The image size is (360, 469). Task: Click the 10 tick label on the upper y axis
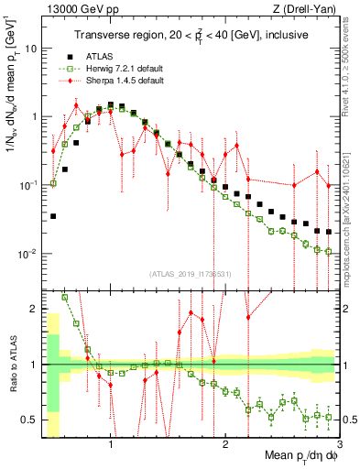34,48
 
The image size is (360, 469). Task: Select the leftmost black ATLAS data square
53,216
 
